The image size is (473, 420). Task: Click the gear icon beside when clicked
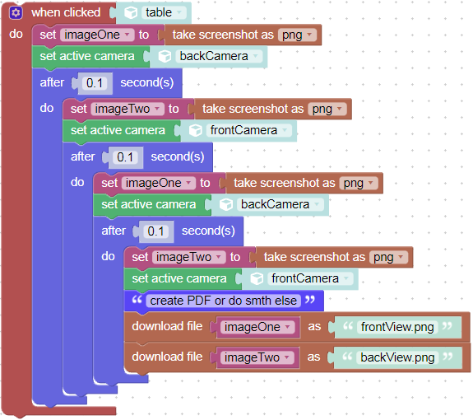click(x=16, y=13)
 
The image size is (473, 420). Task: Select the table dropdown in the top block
click(x=164, y=12)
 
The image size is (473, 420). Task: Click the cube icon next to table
click(x=131, y=13)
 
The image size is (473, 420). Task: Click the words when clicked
click(x=66, y=12)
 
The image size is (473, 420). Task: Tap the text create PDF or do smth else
click(x=223, y=301)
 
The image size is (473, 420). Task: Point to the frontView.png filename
click(x=397, y=327)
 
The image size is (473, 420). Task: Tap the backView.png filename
click(x=397, y=357)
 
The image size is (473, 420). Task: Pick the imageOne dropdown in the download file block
click(x=257, y=327)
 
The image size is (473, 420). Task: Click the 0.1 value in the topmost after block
click(x=95, y=83)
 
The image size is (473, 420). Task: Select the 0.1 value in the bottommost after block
click(x=156, y=231)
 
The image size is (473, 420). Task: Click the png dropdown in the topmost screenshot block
click(x=297, y=35)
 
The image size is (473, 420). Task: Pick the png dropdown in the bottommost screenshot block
click(x=388, y=257)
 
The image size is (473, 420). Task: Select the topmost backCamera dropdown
click(x=219, y=56)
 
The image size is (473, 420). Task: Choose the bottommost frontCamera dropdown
click(x=310, y=278)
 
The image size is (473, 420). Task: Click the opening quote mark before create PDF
click(x=137, y=300)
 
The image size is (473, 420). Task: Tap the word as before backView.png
click(x=313, y=357)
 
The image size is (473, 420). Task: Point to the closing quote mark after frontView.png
click(x=447, y=326)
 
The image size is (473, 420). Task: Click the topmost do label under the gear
click(x=16, y=34)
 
